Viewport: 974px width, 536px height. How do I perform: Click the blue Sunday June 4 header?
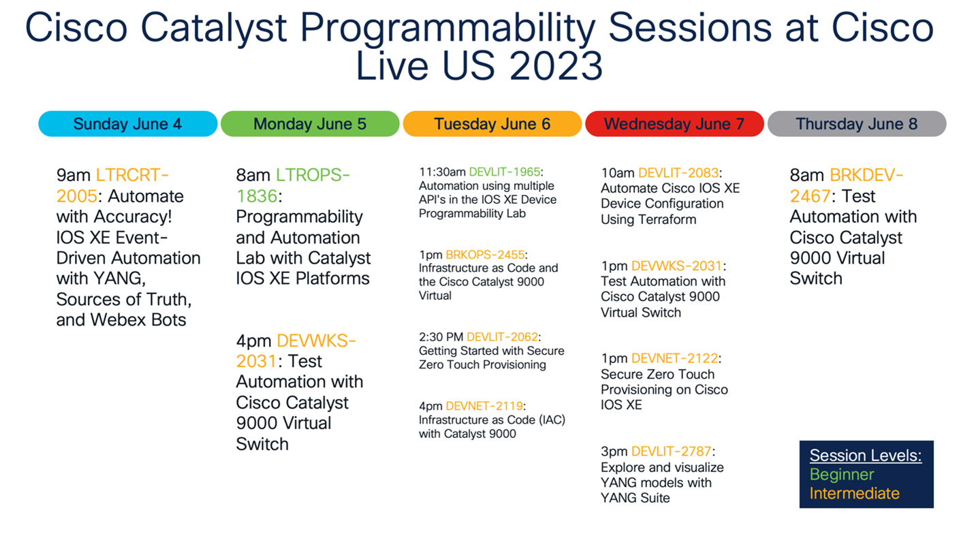point(127,124)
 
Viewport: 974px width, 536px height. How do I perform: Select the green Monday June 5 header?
point(309,124)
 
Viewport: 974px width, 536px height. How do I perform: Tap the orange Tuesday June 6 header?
point(492,124)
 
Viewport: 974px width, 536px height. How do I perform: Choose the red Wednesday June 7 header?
point(674,124)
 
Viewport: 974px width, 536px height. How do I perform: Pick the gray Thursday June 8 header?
point(856,124)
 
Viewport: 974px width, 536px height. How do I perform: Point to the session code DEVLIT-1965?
point(505,172)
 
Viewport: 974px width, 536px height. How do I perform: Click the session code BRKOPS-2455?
point(485,255)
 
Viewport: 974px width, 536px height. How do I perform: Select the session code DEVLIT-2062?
point(502,336)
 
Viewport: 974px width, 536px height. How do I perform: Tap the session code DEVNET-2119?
point(485,406)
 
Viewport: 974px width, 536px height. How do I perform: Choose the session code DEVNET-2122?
point(675,358)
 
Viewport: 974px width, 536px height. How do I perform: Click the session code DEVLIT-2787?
point(671,452)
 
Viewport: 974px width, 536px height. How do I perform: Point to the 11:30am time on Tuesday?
point(442,172)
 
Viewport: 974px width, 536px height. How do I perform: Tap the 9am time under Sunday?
point(74,176)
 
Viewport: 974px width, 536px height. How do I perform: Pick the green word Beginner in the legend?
point(841,475)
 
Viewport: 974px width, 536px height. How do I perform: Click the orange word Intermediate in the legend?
point(854,493)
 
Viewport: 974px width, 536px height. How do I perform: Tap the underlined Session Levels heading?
point(865,456)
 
